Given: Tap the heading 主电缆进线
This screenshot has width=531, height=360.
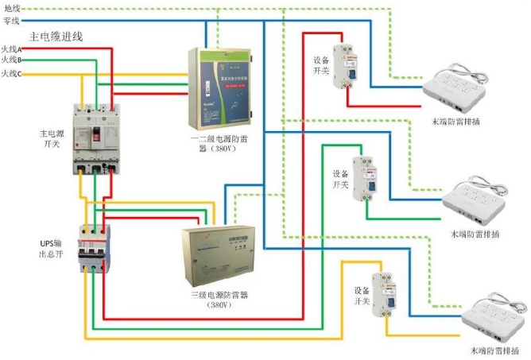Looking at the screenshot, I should pos(56,37).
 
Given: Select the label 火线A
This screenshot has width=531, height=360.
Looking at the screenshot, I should pos(11,48).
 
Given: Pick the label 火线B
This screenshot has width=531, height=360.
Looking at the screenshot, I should pos(11,60).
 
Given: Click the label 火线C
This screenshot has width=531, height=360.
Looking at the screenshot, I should pos(11,74).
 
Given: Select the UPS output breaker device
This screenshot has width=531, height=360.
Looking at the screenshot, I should pos(94,249).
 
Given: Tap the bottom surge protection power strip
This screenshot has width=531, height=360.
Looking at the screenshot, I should pos(492,316).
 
